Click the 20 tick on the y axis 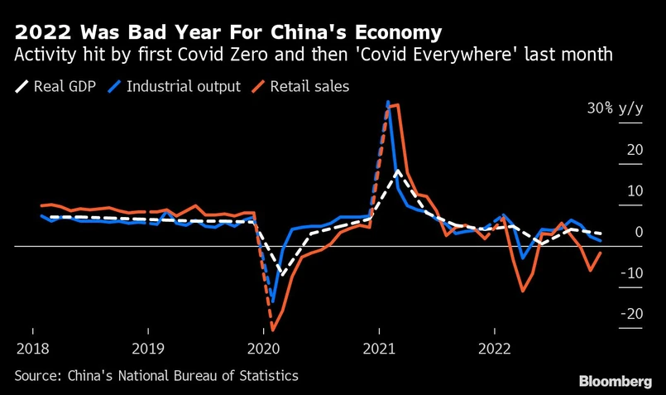(x=635, y=150)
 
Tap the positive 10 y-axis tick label (x=635, y=191)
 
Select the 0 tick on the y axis (x=638, y=233)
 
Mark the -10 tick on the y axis (x=632, y=273)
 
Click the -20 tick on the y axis (x=632, y=315)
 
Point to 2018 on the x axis (x=31, y=349)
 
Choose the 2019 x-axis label (x=147, y=349)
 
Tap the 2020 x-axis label (x=263, y=349)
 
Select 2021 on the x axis (x=379, y=349)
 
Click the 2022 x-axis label (x=495, y=349)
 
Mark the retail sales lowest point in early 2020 (x=272, y=330)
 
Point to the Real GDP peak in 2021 (x=398, y=171)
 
